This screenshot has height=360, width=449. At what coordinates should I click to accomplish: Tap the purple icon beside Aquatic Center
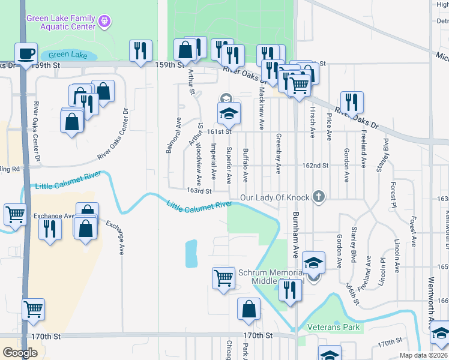(105, 22)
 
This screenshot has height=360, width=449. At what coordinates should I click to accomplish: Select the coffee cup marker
(26, 54)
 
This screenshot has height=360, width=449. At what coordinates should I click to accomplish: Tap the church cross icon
(319, 196)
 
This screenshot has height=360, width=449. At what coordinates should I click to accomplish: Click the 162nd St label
(316, 165)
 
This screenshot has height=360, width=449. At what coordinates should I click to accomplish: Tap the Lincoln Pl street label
(397, 256)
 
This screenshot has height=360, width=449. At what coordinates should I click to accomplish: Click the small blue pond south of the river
(191, 253)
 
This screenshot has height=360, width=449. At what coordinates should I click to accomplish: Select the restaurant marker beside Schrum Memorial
(290, 290)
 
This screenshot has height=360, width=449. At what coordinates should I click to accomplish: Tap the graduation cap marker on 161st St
(229, 113)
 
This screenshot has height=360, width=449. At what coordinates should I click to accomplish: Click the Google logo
(20, 353)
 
